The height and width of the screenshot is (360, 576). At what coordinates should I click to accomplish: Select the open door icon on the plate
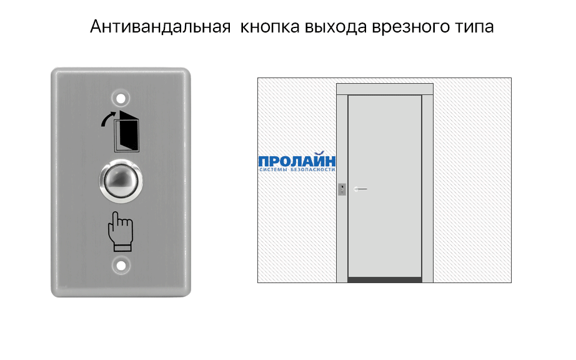point(129,131)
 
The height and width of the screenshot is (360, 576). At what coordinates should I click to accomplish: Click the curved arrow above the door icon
point(107,117)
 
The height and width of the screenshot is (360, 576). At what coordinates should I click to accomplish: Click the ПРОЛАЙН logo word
point(297,161)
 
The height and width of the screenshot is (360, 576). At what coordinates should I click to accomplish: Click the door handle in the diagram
point(360,189)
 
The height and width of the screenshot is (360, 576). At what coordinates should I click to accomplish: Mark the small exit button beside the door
point(342,189)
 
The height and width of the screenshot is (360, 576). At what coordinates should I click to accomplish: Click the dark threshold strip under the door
point(385,279)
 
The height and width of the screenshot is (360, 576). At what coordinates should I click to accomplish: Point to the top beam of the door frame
point(385,89)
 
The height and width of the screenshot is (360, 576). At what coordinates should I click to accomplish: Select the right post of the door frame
point(428,187)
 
